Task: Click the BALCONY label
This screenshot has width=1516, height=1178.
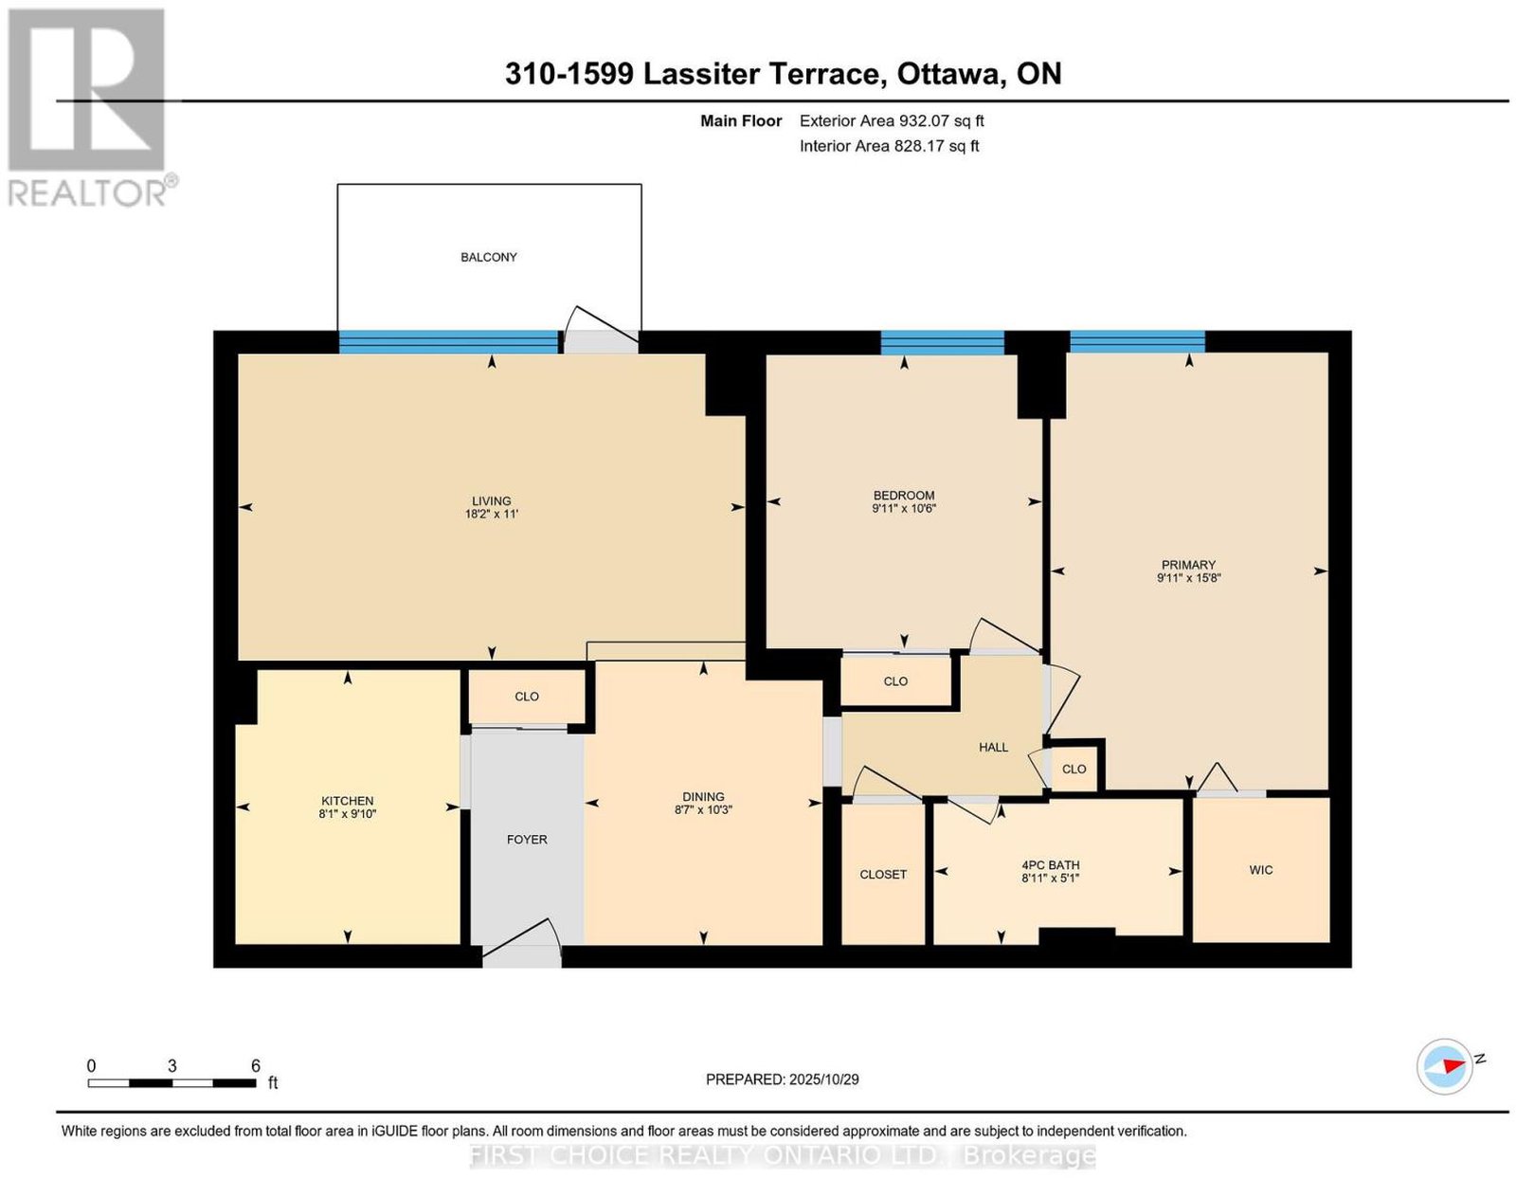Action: pyautogui.click(x=488, y=258)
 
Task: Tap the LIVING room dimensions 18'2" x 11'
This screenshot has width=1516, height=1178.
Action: pyautogui.click(x=492, y=514)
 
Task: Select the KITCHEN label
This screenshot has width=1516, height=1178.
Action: pyautogui.click(x=348, y=801)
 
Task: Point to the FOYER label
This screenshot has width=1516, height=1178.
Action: pyautogui.click(x=527, y=840)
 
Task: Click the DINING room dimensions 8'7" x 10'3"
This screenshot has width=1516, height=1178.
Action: pyautogui.click(x=703, y=809)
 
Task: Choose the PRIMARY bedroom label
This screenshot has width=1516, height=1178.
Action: pyautogui.click(x=1188, y=565)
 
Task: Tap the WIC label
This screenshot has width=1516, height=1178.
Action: pyautogui.click(x=1261, y=870)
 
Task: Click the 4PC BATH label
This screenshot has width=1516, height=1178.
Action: pyautogui.click(x=1050, y=865)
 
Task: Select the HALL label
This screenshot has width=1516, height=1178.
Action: pyautogui.click(x=994, y=748)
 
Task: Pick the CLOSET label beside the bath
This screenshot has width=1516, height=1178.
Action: pyautogui.click(x=883, y=875)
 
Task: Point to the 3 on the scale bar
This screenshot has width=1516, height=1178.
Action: pyautogui.click(x=171, y=1066)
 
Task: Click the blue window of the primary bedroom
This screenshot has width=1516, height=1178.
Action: pyautogui.click(x=1137, y=342)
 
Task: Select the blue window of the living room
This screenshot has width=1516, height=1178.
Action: pyautogui.click(x=448, y=342)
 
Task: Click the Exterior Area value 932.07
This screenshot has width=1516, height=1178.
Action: pyautogui.click(x=924, y=120)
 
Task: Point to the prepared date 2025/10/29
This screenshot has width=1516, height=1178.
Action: pyautogui.click(x=824, y=1079)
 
